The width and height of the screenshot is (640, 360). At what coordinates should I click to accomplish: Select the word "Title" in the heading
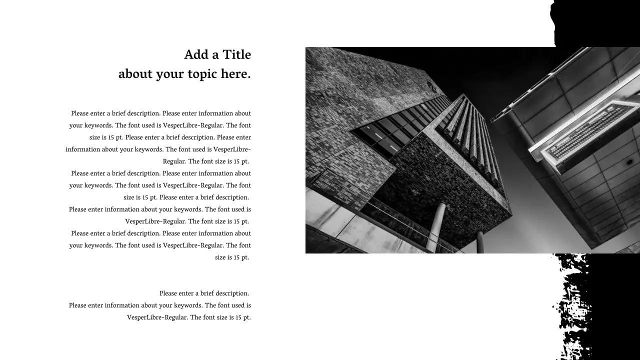click(x=236, y=54)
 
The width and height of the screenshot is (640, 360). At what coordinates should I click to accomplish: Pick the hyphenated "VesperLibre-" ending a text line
click(x=232, y=149)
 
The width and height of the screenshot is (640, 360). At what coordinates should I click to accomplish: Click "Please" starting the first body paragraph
click(x=79, y=113)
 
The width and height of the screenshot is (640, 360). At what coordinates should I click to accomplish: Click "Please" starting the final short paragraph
click(x=169, y=293)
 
